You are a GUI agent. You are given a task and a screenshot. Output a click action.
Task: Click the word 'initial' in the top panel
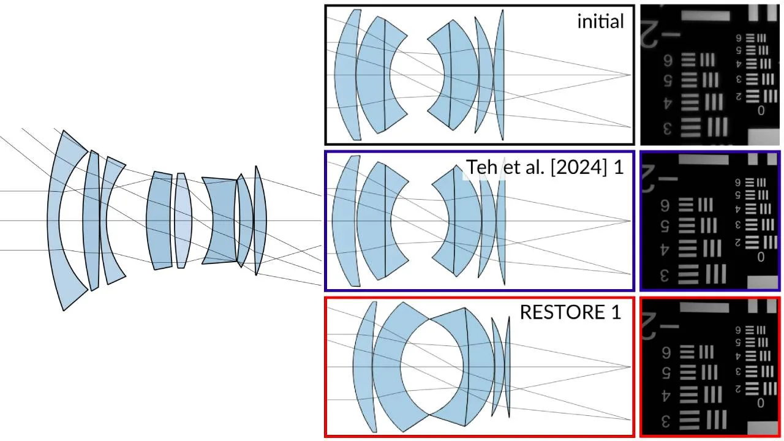[600, 21]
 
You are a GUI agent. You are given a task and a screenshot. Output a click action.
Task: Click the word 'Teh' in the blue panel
[480, 167]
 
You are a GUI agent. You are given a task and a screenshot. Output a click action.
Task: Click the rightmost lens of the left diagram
[260, 221]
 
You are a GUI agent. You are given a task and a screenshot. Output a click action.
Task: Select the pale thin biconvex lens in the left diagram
[182, 221]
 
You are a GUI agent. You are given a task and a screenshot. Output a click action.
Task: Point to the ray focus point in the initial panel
[630, 75]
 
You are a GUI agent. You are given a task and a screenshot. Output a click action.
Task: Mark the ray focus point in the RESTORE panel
[630, 367]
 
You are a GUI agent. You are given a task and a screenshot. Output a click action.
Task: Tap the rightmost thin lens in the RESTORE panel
[508, 367]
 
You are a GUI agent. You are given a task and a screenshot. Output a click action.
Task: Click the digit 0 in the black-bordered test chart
[761, 111]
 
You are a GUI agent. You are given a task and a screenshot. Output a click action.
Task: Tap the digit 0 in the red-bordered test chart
[760, 404]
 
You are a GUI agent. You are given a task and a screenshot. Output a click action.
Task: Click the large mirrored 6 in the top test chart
[668, 61]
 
